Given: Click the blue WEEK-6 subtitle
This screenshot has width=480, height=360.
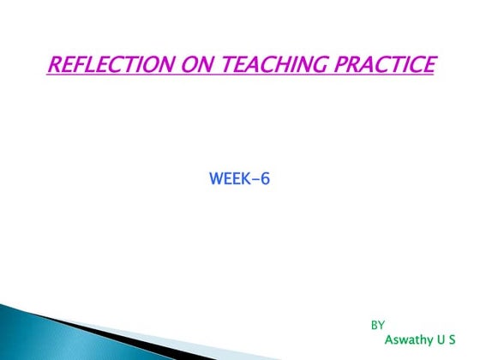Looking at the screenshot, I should point(239,180).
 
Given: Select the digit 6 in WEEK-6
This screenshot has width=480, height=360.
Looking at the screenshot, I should point(266,180).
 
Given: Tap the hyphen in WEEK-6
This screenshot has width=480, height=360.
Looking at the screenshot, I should point(255,181).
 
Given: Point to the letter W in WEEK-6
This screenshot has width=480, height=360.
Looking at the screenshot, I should point(215,180).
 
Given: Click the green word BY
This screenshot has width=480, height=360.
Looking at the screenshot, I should point(377,325).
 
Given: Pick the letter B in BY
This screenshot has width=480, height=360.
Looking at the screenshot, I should point(374,325).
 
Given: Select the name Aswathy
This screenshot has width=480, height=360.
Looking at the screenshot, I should point(409,339).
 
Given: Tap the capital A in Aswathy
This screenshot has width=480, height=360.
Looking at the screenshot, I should point(389,339).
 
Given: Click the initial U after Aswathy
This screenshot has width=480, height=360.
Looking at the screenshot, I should point(441,339).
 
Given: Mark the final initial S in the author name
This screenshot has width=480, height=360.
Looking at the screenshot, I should point(452,339).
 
